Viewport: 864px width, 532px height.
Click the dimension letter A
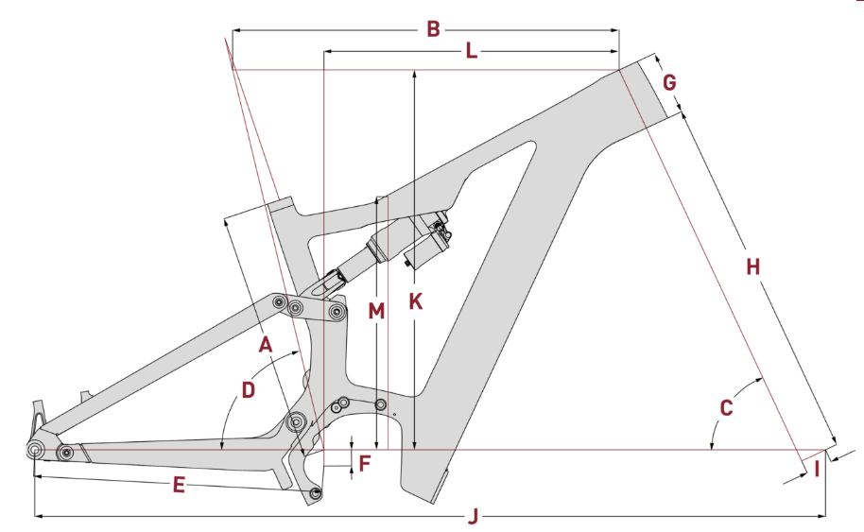(x=266, y=345)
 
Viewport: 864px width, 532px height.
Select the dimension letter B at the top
(x=433, y=29)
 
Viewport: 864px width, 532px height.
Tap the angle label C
(x=726, y=408)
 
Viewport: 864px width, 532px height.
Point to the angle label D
(x=249, y=389)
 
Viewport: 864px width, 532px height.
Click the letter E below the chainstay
(x=179, y=486)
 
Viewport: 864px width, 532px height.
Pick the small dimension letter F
(x=365, y=463)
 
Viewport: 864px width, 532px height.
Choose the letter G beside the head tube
(x=669, y=82)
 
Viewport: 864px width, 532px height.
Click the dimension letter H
(x=752, y=267)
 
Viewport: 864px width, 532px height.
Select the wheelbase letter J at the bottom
(x=475, y=516)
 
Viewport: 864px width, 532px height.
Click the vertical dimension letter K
(x=414, y=302)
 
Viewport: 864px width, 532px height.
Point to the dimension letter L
(x=472, y=52)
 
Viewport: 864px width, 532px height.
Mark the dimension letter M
(x=377, y=310)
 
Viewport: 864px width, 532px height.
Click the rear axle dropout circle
(x=35, y=449)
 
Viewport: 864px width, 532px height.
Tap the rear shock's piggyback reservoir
(x=424, y=245)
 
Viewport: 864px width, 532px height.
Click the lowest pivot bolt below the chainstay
(x=316, y=492)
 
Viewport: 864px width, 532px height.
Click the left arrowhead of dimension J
(x=39, y=516)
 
